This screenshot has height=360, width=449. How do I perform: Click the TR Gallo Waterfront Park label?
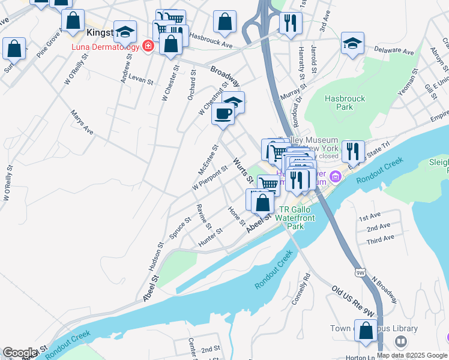click(x=295, y=218)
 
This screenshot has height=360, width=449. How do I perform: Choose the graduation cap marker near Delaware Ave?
click(x=352, y=43)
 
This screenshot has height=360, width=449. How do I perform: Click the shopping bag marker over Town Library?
click(x=366, y=330)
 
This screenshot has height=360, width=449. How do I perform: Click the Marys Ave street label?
click(x=83, y=121)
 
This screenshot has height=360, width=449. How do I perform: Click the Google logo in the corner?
click(x=20, y=353)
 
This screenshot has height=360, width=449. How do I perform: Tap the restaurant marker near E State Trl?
click(x=352, y=151)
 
